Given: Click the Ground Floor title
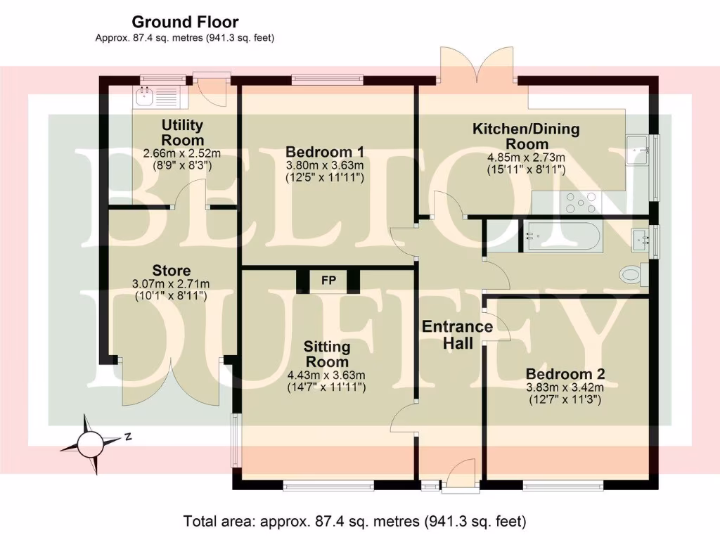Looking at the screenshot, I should pos(185,22).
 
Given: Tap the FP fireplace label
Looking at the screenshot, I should pos(328,281).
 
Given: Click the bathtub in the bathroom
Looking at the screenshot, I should pos(562,236).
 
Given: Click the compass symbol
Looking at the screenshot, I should pos(90,444).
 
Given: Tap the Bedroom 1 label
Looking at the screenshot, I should pos(324,151).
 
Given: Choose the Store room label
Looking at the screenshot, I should pos(172,271).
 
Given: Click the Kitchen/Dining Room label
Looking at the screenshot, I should pos(526,136).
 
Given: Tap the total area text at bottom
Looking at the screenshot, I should pos(354,522).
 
